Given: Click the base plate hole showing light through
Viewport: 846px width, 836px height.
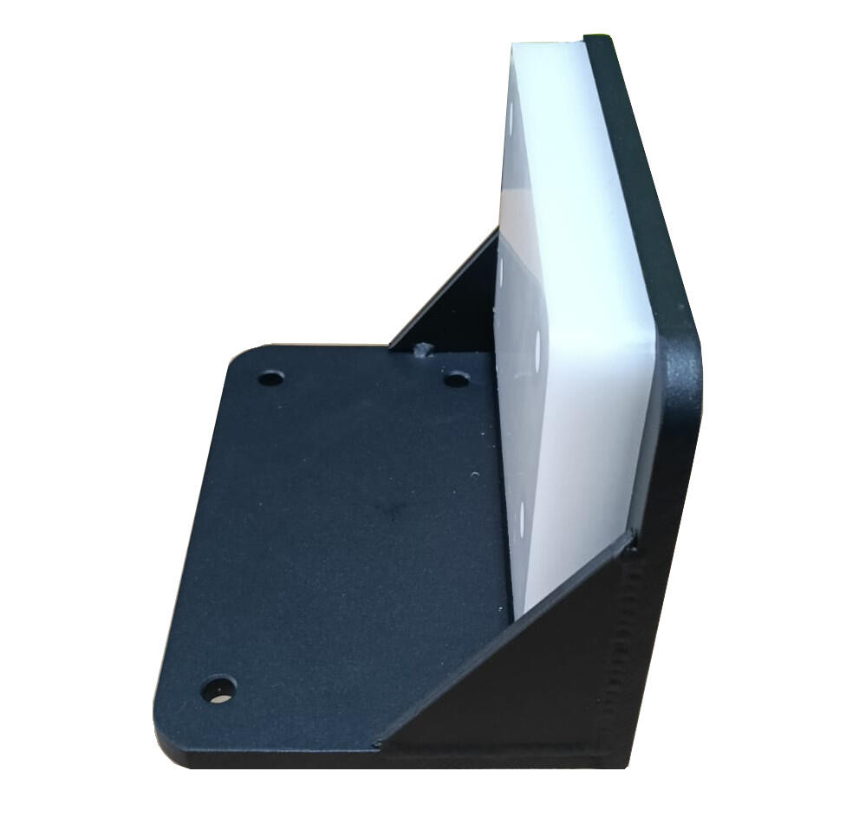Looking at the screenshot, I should (218, 690).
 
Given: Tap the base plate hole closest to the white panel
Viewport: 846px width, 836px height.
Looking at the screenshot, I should (456, 379).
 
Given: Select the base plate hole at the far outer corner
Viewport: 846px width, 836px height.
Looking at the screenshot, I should (271, 378).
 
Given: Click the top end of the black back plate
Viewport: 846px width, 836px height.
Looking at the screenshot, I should (599, 39).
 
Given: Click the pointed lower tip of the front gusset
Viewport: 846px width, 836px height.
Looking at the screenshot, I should (381, 742).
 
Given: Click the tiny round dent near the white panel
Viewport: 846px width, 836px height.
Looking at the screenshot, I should (473, 474).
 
